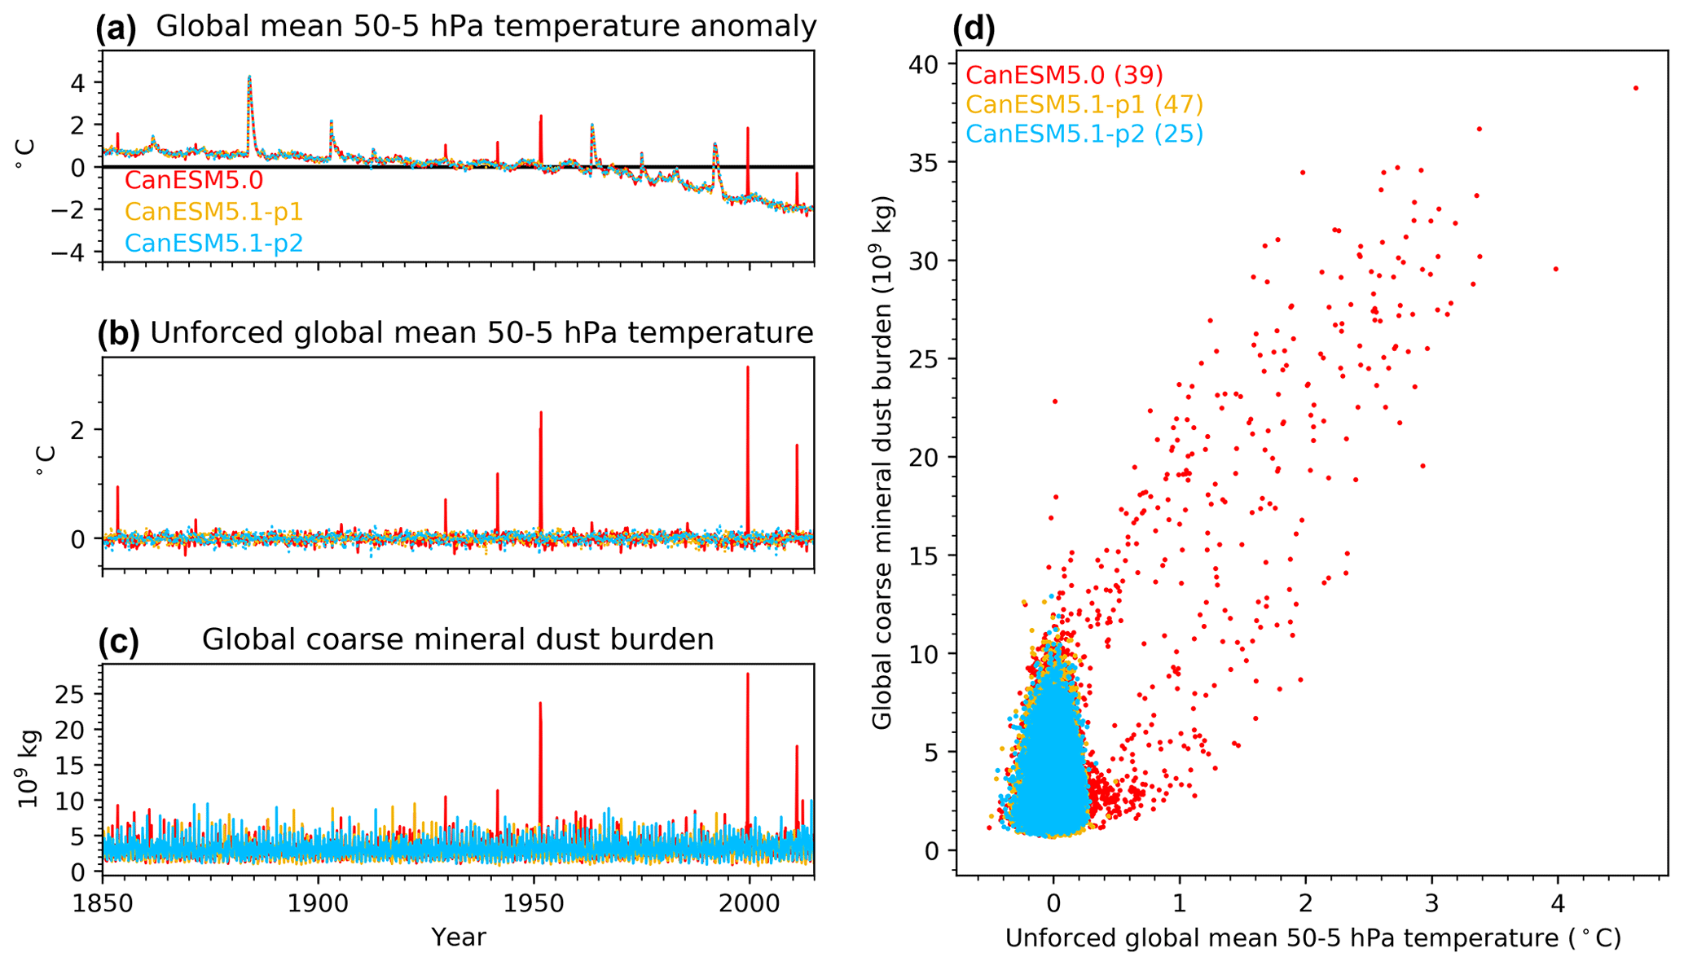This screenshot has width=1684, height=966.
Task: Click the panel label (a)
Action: coord(117,29)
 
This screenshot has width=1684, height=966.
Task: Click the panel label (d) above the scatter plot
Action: coord(974,29)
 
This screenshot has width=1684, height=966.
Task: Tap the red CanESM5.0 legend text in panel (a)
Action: coord(194,180)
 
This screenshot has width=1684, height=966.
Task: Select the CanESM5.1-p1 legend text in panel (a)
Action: coord(213,212)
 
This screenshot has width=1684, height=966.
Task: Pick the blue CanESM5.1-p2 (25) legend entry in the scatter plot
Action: coord(1084,134)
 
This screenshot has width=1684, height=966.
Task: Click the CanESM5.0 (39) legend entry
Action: coord(1064,76)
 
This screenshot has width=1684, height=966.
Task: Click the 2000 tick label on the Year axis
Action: coord(749,903)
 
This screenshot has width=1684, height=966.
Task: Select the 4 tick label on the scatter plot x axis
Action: coord(1558,903)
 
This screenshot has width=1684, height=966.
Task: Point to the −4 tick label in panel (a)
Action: coord(69,252)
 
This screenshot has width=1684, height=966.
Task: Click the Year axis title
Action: coord(459,937)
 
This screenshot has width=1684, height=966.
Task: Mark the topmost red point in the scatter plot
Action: coord(1635,88)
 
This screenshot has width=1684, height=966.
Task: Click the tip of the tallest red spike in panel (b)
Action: coord(748,367)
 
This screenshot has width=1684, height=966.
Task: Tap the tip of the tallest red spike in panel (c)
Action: coord(748,674)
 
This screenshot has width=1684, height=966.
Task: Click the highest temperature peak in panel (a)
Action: coord(249,77)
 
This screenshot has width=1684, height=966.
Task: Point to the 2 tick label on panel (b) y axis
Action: coord(77,429)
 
